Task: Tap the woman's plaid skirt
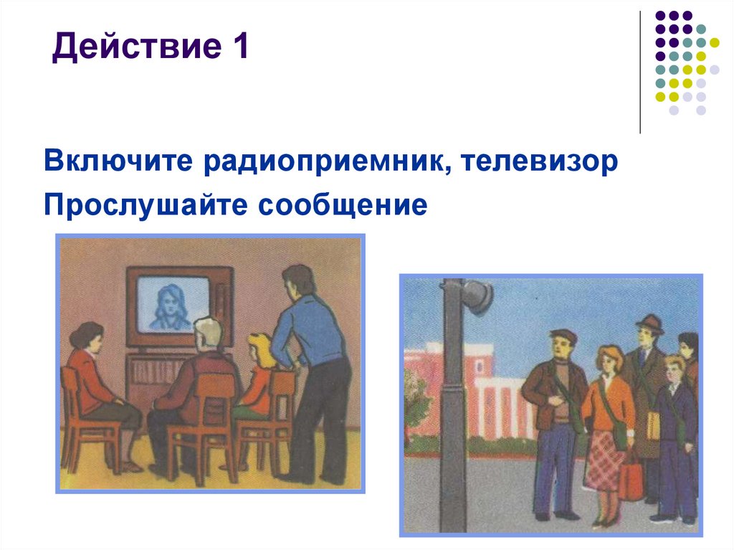click(x=605, y=459)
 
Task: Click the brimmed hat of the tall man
click(x=649, y=323)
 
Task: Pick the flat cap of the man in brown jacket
click(x=563, y=335)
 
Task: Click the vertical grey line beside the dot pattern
click(x=639, y=72)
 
